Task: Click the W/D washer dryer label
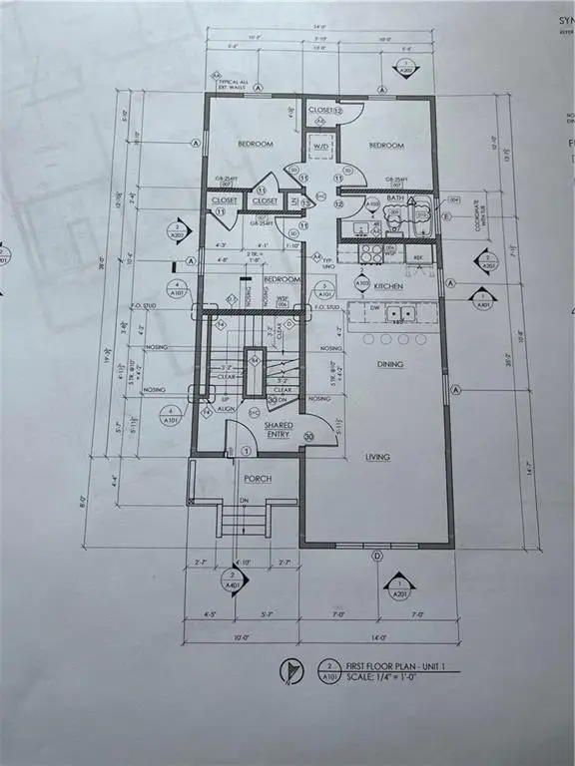click(320, 147)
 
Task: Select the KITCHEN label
click(388, 285)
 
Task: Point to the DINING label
click(389, 364)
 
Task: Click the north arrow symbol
click(288, 674)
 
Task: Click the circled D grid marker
click(377, 556)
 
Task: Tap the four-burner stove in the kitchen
click(370, 253)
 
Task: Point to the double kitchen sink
click(401, 314)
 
